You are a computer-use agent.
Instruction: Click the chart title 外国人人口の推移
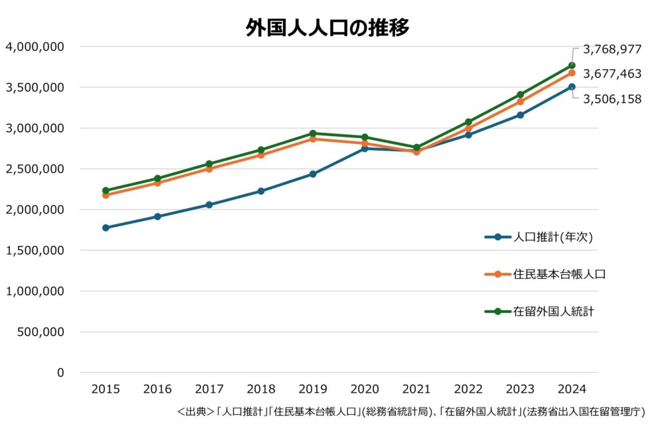pos(327,27)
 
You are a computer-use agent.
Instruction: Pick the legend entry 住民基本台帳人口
pos(559,274)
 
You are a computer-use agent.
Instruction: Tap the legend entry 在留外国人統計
pos(553,312)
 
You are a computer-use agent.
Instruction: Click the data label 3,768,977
pos(612,49)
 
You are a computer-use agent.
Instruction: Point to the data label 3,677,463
pos(612,74)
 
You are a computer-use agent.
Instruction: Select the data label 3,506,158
pos(612,99)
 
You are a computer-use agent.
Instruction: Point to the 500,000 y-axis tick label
pos(39,332)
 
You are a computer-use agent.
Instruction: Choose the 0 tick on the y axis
pos(60,372)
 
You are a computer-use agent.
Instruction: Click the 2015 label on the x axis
pos(105,389)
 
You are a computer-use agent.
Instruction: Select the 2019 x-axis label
pos(312,389)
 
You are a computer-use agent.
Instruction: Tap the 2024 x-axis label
pos(572,389)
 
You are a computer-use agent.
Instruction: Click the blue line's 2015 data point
pos(105,228)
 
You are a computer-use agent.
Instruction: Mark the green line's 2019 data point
pos(312,134)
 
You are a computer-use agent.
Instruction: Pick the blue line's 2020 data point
pos(364,149)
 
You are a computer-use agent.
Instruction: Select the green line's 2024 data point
pos(572,65)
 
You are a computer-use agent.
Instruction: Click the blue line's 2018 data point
pos(261,191)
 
